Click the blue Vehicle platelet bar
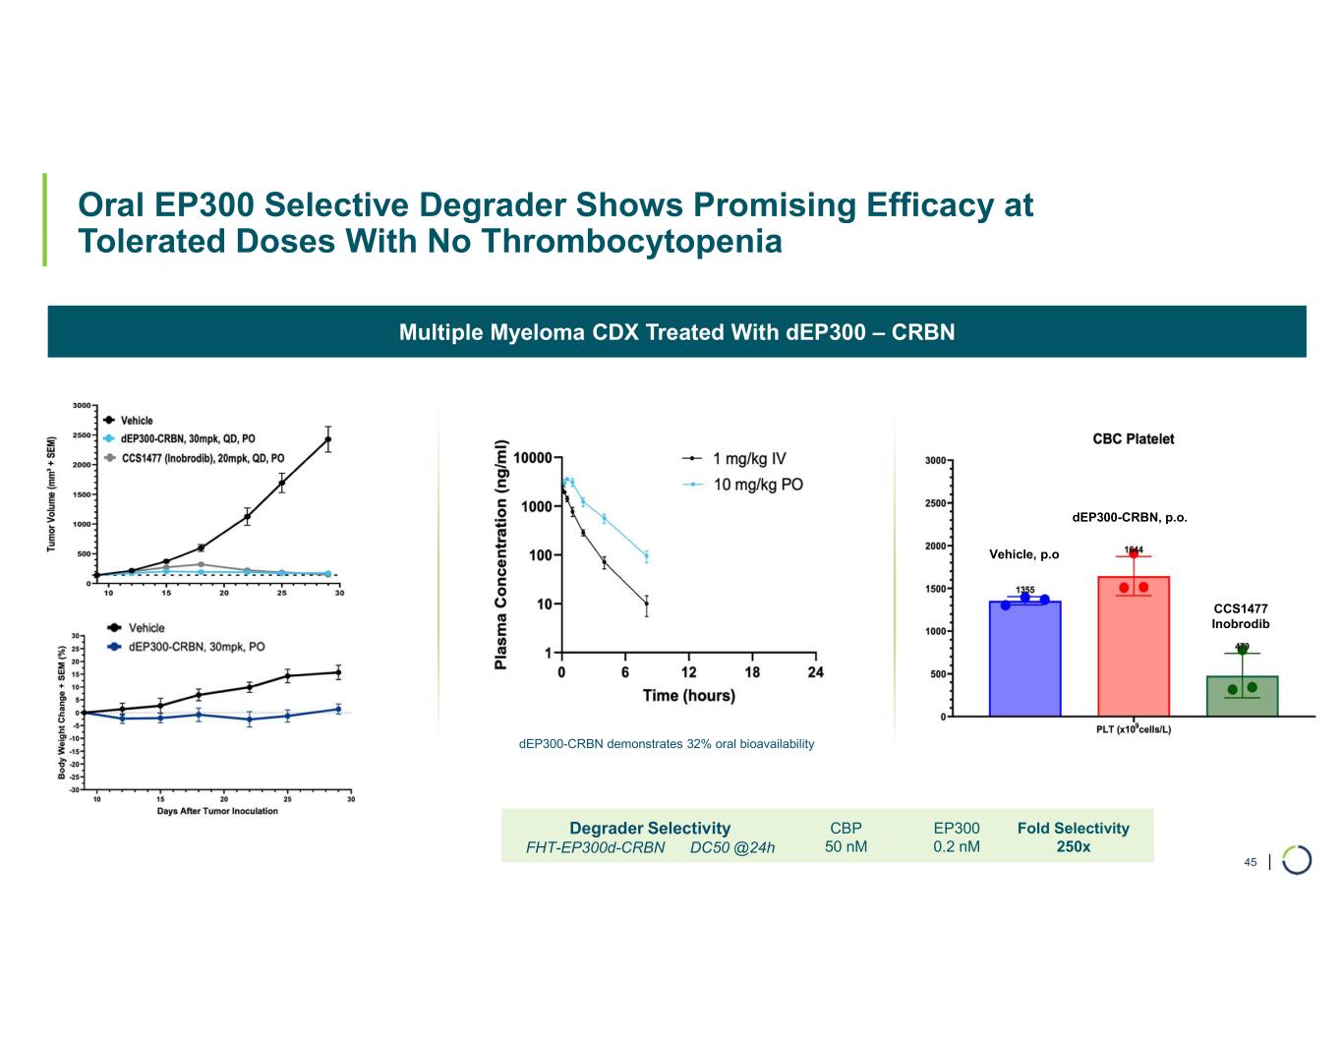(1024, 659)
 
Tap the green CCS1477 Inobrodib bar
(1242, 696)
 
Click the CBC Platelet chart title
(1133, 439)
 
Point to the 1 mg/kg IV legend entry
(748, 459)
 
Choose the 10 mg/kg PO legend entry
(757, 485)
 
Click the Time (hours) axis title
(688, 696)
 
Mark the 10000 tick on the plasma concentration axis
(532, 458)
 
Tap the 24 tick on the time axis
(815, 672)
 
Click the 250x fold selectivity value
(1073, 846)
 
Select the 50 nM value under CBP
(846, 846)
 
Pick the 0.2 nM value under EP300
(956, 846)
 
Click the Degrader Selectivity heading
(650, 829)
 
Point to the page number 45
(1250, 862)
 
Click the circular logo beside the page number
(1297, 860)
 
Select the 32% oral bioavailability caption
(667, 744)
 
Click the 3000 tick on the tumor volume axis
(82, 405)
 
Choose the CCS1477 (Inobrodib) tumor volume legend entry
(203, 458)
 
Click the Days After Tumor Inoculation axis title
(217, 811)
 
